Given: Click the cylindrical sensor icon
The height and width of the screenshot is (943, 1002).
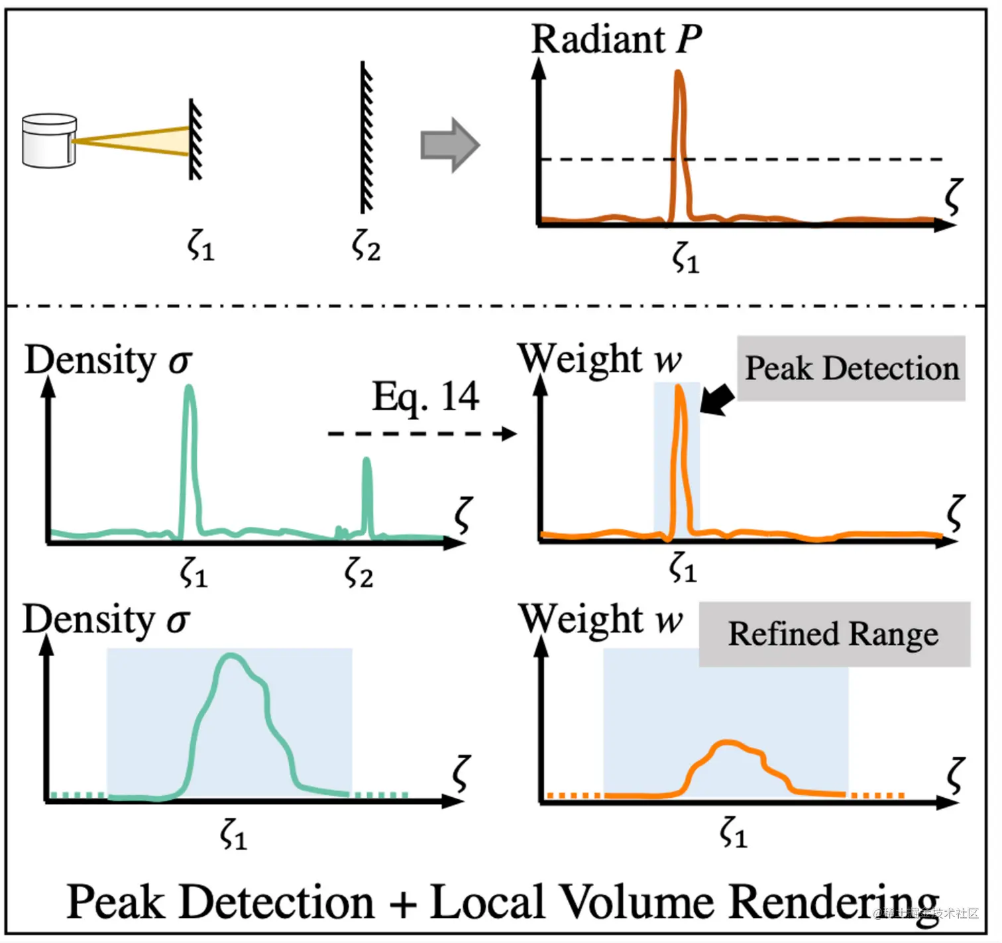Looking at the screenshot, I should (x=49, y=140).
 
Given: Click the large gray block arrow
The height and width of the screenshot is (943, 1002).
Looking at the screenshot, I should (x=449, y=145).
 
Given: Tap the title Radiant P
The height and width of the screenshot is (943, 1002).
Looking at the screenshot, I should (x=616, y=39).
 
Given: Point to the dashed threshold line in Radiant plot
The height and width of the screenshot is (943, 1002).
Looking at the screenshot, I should (x=795, y=159).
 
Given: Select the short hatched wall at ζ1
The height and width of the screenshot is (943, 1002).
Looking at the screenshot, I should (x=195, y=139).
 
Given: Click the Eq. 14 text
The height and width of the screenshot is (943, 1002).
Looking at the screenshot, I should (x=425, y=396).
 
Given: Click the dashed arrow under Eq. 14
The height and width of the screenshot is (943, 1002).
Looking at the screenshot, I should (x=421, y=433).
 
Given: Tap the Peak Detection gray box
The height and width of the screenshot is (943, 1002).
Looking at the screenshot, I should (x=851, y=368).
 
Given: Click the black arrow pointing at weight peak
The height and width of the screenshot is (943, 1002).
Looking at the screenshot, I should (x=717, y=400).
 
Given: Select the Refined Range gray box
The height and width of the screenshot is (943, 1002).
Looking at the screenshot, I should (x=834, y=634).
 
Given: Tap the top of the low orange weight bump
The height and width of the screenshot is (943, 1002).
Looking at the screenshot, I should (x=728, y=743).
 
